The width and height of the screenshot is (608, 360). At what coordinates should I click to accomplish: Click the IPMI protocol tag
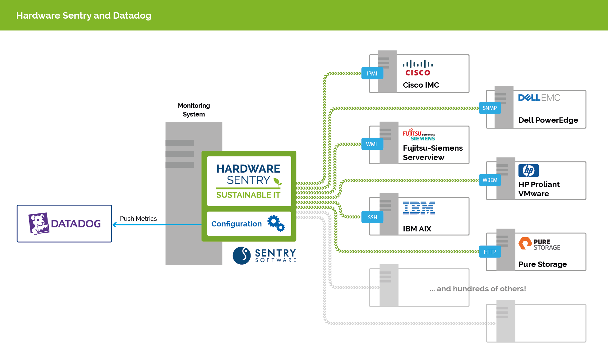pos(372,74)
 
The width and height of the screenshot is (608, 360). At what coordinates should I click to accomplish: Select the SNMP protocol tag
pos(490,108)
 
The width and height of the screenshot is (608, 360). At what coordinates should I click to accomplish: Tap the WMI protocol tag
pos(371,144)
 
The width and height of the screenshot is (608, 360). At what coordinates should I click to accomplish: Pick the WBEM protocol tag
pos(490,180)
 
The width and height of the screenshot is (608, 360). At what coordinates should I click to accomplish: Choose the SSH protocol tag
pos(372,217)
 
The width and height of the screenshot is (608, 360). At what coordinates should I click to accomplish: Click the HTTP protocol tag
pos(490,252)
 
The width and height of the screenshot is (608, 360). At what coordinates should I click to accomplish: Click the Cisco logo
pos(418,68)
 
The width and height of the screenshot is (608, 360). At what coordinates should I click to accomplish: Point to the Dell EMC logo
pos(539,98)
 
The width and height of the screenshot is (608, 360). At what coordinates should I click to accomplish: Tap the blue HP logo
pos(528,171)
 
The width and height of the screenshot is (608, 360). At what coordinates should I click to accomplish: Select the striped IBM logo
pos(419,208)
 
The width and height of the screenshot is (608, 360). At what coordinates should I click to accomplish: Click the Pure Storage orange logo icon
pos(525,244)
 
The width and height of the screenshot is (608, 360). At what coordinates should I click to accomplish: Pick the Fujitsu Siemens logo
pos(419,135)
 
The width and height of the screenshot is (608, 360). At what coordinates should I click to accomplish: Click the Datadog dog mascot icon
pos(39,223)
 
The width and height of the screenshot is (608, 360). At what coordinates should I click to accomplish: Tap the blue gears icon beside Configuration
pos(276,223)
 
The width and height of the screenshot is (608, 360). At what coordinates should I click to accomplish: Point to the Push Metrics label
pos(138,219)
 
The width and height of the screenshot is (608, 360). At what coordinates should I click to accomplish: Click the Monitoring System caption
pos(194,110)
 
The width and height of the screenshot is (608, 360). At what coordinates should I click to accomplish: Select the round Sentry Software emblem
pos(242,256)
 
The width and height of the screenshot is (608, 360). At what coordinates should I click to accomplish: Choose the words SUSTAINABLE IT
pos(248,195)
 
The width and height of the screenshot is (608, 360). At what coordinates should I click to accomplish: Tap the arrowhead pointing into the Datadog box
pos(115,225)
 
